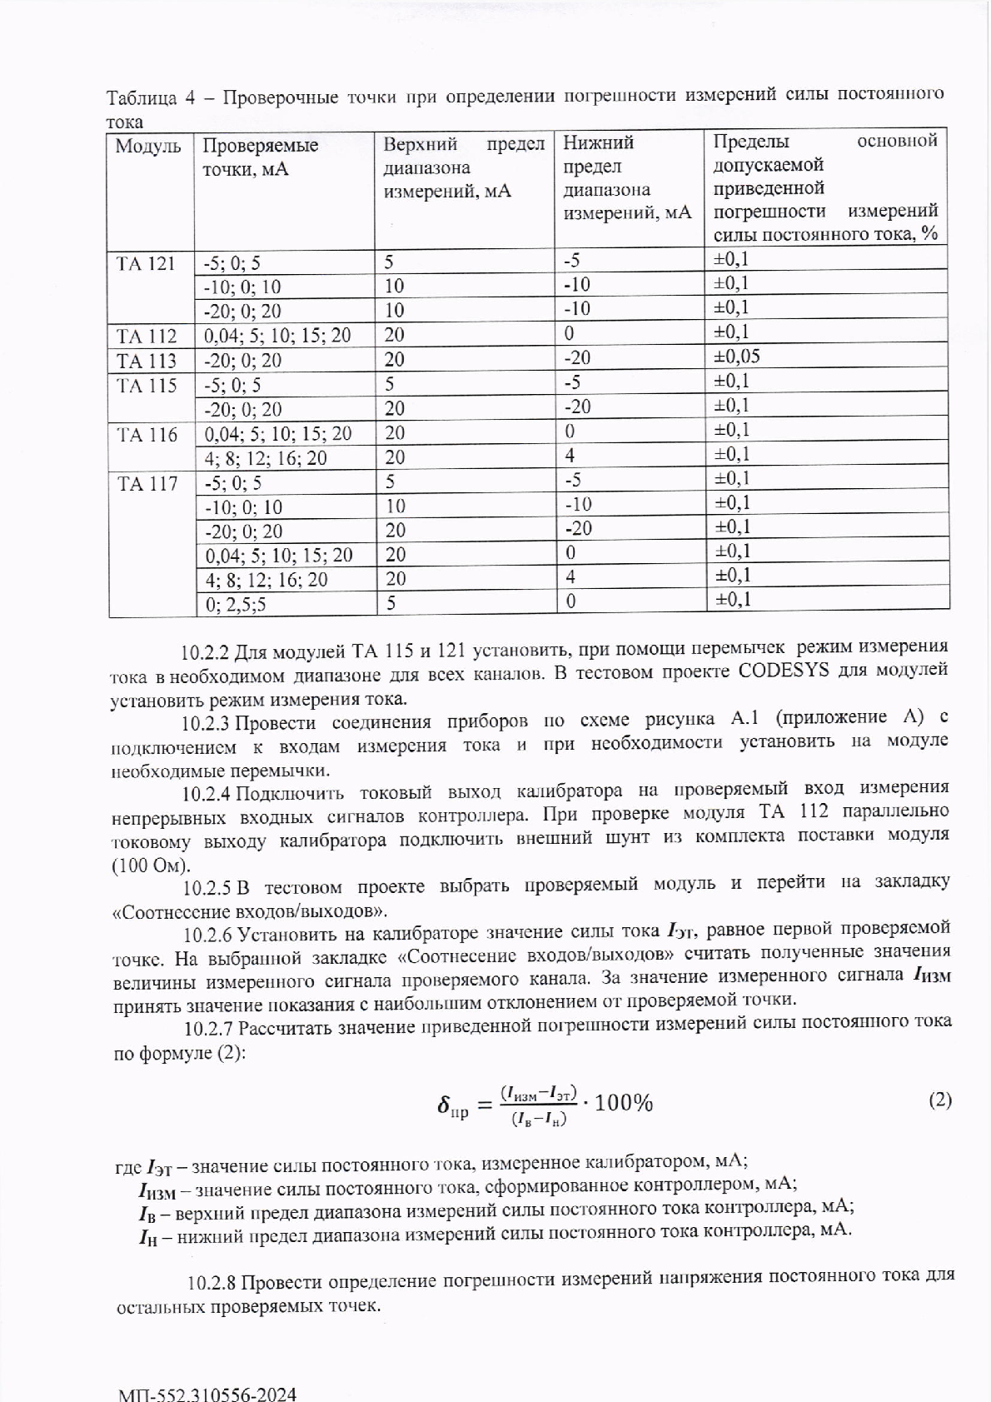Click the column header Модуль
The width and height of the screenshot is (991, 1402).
[147, 147]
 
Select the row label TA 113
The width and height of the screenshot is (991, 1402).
[147, 361]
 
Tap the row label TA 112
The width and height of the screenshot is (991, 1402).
[147, 337]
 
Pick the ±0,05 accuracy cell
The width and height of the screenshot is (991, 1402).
[737, 357]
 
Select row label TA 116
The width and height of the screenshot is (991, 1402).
[147, 434]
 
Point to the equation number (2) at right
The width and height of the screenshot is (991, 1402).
[939, 1100]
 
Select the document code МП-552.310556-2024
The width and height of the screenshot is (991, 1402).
[207, 1393]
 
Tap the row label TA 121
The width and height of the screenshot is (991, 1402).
[147, 263]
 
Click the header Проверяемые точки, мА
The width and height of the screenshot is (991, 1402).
[260, 158]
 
